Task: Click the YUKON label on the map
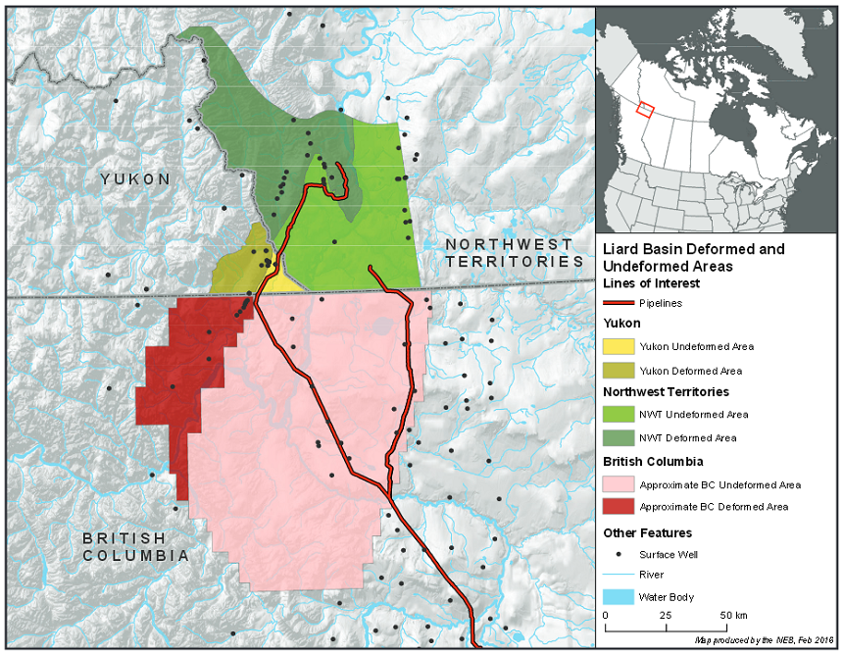click(x=135, y=179)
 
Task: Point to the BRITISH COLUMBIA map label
click(x=135, y=547)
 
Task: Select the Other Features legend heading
click(x=647, y=532)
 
